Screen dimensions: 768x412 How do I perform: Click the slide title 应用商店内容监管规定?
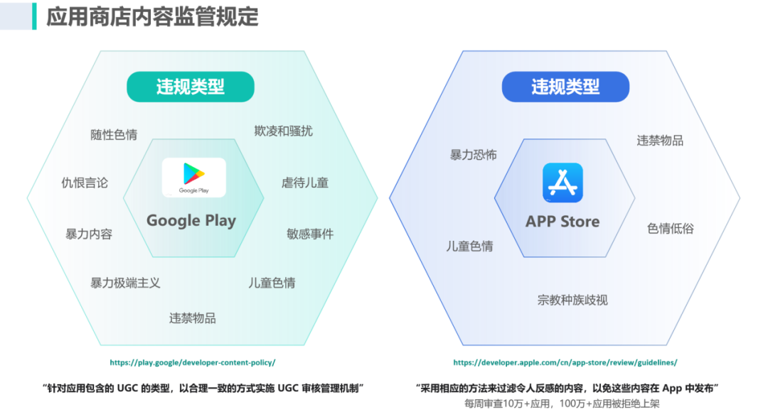tap(152, 16)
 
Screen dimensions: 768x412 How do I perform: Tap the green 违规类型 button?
tap(190, 87)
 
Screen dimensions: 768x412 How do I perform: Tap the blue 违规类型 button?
tap(565, 87)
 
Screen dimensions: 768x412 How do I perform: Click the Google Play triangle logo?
tap(193, 173)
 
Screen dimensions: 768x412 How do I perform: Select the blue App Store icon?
tap(562, 183)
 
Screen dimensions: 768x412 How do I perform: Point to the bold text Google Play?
tap(191, 220)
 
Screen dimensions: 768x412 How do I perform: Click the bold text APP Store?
tap(562, 222)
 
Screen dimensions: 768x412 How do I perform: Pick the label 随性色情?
tap(114, 134)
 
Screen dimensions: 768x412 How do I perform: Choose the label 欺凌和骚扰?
tap(283, 131)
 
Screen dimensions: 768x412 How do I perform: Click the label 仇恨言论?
tap(85, 183)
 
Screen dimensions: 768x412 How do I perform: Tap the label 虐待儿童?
tap(305, 183)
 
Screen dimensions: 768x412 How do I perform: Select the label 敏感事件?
tap(310, 234)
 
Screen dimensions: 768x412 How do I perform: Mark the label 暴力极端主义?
tap(125, 283)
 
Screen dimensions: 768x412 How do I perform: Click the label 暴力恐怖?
tap(473, 155)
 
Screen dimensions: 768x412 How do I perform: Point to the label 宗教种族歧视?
tap(572, 300)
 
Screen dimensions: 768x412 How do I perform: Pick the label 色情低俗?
tap(670, 229)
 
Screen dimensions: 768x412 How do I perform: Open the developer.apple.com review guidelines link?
tap(565, 362)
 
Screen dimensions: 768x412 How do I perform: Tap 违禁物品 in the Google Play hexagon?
tap(192, 318)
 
